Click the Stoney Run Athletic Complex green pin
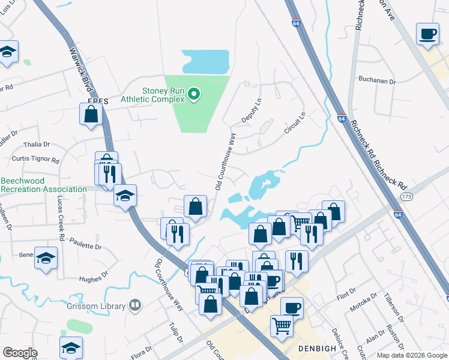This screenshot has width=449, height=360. click(193, 94)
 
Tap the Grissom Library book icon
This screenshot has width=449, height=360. click(136, 306)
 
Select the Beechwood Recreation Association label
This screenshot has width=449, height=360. click(43, 185)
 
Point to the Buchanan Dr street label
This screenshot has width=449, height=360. click(378, 80)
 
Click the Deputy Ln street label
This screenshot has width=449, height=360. click(258, 111)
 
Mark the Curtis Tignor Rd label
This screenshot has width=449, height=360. click(35, 160)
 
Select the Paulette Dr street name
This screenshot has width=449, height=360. click(85, 246)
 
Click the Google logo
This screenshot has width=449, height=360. click(20, 353)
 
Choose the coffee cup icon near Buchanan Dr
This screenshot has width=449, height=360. click(429, 35)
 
